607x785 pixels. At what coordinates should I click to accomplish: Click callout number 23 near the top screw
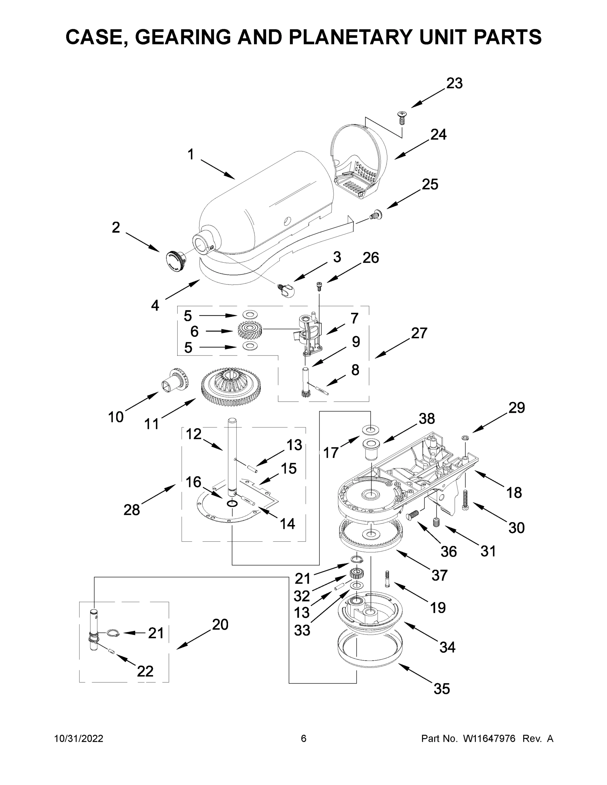[x=454, y=83]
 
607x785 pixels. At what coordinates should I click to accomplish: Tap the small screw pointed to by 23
[x=401, y=117]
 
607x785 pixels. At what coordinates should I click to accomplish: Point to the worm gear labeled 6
[x=250, y=331]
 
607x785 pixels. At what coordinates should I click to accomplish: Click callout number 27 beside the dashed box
[x=419, y=333]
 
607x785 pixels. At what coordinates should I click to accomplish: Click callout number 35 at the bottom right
[x=441, y=689]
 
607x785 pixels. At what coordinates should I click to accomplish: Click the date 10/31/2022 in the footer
[x=79, y=739]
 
